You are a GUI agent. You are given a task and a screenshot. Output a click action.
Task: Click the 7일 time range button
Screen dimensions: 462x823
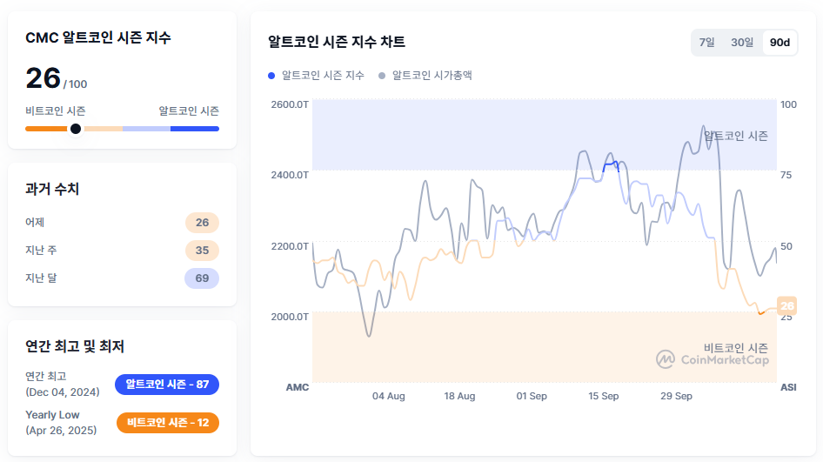point(706,43)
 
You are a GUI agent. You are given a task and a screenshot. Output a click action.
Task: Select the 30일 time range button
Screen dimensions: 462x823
point(742,43)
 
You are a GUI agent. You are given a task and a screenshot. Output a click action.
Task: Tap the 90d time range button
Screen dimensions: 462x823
point(780,43)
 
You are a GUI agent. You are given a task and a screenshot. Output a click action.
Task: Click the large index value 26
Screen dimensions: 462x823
point(43,78)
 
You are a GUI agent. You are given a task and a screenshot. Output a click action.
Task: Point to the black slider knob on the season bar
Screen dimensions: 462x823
point(76,129)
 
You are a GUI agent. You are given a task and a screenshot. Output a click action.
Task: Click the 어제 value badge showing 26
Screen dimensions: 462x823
point(202,223)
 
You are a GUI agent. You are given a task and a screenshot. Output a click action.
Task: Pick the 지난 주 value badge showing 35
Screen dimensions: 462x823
point(202,251)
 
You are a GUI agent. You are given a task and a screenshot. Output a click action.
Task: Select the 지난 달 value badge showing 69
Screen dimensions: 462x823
point(202,278)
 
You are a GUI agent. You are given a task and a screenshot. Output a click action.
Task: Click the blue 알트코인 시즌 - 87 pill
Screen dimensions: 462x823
point(167,384)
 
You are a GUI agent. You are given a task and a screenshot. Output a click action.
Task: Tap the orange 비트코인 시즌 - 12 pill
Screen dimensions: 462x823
point(167,423)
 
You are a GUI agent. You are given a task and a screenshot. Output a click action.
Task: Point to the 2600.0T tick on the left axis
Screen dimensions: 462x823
point(290,104)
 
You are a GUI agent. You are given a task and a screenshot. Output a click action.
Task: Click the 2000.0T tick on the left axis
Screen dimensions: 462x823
point(290,317)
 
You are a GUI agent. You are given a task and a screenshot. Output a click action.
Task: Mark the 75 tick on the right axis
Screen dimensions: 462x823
point(786,175)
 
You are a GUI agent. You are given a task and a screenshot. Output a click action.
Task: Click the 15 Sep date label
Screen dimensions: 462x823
point(603,397)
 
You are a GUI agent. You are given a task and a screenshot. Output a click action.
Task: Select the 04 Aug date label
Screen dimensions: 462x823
point(388,397)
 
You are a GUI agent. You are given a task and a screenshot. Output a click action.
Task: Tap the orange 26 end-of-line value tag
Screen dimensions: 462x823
point(787,306)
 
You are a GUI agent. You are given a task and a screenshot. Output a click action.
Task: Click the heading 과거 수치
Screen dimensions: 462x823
point(52,189)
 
